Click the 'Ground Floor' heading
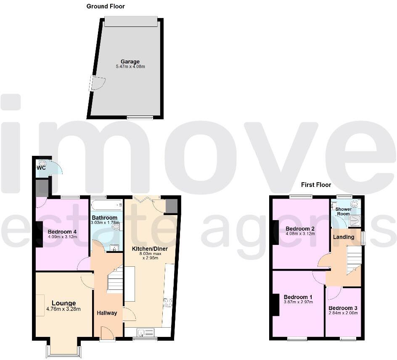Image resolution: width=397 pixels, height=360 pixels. pos(106,6)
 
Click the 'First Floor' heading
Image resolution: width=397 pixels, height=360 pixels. pos(316,185)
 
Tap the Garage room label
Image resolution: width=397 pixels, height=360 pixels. pos(130,62)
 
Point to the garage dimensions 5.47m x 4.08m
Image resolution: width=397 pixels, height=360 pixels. pos(130,67)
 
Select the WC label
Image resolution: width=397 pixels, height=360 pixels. pos(41,168)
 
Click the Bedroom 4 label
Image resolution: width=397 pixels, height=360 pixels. pos(62,232)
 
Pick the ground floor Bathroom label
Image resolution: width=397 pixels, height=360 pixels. pos(104,218)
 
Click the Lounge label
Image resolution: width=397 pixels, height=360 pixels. pos(64,303)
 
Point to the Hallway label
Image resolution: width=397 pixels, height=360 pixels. pos(107,313)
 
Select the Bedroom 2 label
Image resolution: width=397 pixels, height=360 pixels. pos(300,229)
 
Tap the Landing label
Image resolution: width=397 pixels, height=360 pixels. pos(344,237)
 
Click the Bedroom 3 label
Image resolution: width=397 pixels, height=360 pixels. pos(343,308)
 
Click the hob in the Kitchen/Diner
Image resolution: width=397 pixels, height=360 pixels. pos(168,302)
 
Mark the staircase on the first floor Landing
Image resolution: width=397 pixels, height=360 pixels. pos(354,260)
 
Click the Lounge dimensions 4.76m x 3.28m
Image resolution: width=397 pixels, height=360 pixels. pos(64,309)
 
